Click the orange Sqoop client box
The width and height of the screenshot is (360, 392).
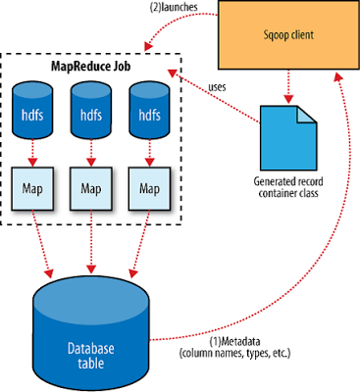288,35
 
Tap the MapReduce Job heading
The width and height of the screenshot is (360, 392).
91,67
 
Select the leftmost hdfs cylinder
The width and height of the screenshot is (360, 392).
32,110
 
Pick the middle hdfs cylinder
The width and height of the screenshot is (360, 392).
91,110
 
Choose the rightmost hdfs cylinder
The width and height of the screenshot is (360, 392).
150,110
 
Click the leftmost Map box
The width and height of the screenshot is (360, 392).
32,189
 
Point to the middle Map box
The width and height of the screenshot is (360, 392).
91,189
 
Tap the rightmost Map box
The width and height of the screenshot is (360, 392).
150,189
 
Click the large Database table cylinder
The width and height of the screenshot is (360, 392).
91,333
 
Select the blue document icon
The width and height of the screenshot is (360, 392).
288,138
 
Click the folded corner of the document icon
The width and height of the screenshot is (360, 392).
307,115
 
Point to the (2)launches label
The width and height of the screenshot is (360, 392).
174,7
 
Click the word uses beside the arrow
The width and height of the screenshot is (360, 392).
217,87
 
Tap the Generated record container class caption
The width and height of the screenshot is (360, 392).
288,187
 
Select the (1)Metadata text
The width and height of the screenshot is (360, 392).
234,342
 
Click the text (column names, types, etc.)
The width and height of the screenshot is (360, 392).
234,353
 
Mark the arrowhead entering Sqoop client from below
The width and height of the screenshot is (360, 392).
339,76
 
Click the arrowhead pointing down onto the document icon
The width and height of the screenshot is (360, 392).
288,99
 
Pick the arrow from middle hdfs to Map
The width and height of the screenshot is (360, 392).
91,153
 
